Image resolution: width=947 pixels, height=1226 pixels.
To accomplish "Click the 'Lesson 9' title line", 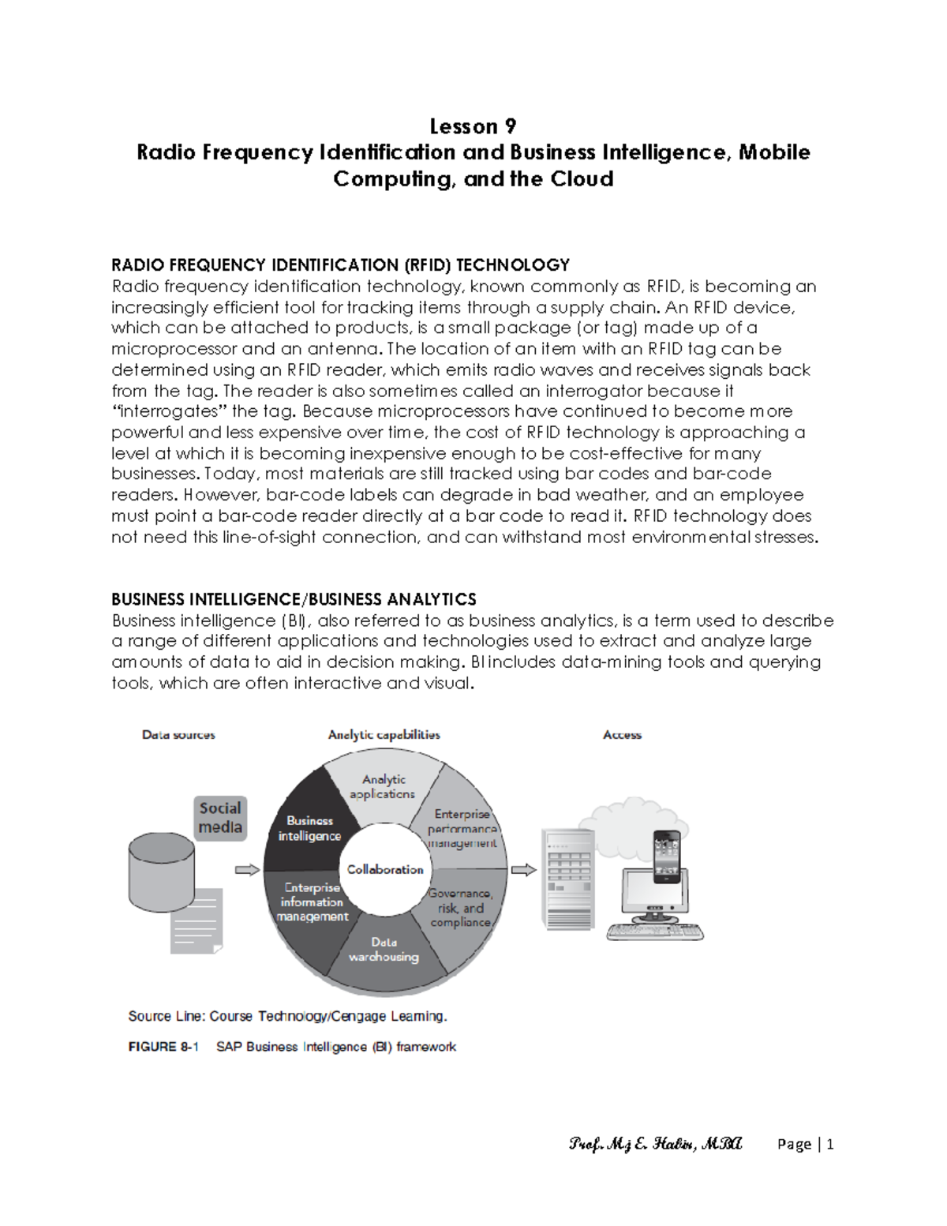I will click(473, 126).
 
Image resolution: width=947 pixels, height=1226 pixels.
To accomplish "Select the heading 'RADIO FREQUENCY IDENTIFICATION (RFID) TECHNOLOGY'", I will click(340, 265).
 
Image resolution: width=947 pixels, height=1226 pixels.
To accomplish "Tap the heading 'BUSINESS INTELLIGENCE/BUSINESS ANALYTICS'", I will click(294, 599).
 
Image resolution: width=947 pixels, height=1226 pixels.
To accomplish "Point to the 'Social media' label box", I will click(220, 818).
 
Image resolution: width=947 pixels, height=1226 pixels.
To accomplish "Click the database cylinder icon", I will click(161, 872).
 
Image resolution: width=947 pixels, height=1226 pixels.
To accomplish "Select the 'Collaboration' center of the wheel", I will click(385, 869).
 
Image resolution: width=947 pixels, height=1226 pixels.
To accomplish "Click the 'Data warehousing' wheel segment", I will click(384, 951).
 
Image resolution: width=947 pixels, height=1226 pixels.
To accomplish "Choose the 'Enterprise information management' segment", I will click(311, 903).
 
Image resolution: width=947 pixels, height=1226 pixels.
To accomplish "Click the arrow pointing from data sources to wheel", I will click(247, 870).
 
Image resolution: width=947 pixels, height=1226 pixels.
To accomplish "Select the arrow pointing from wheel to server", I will click(523, 870).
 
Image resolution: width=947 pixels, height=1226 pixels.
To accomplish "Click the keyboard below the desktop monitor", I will click(655, 932).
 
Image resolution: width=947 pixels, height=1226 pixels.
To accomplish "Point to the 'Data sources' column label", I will click(178, 735).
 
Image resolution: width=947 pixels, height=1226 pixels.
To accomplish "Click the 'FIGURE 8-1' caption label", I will click(163, 1047).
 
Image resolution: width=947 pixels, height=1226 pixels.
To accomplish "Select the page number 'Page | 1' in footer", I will click(805, 1144).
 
